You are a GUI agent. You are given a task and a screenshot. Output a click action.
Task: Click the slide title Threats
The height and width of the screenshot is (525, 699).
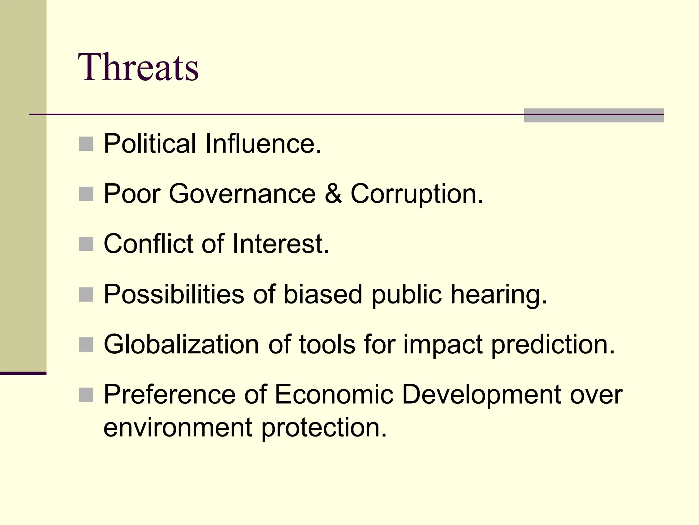[138, 67]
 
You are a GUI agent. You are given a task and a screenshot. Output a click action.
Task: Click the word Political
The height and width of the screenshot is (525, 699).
[150, 144]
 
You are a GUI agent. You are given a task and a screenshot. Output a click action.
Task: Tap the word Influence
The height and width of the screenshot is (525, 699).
[263, 144]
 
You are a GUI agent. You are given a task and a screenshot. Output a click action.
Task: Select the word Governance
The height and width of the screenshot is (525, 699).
[242, 194]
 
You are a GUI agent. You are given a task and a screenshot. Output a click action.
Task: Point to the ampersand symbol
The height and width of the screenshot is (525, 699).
[333, 194]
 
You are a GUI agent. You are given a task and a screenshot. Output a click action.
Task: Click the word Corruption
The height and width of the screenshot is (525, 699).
[417, 194]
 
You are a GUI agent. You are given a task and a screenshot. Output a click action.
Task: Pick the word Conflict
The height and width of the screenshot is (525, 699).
[148, 244]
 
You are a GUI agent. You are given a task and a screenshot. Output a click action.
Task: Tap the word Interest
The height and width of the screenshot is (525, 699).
[281, 244]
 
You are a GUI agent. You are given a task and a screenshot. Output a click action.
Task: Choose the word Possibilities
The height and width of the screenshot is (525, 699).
[174, 294]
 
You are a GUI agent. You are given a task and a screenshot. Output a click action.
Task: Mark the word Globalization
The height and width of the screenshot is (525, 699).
[181, 344]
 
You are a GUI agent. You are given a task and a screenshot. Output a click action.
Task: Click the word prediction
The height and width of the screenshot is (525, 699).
[553, 344]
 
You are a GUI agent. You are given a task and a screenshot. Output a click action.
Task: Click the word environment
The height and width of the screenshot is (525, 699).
[178, 428]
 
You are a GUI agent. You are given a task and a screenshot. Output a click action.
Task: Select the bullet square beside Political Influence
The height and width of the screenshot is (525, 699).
[86, 144]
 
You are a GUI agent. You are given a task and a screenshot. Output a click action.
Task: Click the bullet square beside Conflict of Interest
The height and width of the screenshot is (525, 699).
[86, 244]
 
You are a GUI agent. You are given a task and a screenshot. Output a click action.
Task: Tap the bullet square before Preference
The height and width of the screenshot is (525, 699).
[86, 395]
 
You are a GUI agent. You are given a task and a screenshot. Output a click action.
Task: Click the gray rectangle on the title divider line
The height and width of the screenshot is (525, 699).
[594, 116]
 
